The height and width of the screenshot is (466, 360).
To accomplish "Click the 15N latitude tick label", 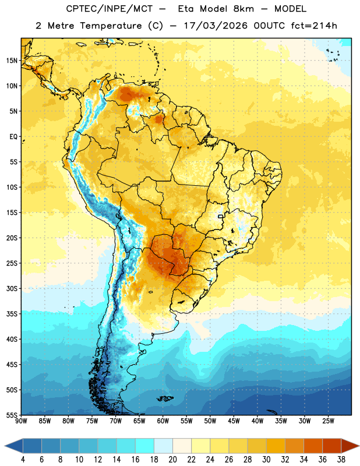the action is pyautogui.click(x=12, y=61).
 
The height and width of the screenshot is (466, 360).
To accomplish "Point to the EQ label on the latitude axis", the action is pyautogui.click(x=13, y=137).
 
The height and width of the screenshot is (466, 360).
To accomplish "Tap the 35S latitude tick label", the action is pyautogui.click(x=12, y=314).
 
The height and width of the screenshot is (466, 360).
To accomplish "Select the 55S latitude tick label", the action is pyautogui.click(x=12, y=415).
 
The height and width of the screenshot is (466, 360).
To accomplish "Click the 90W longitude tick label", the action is pyautogui.click(x=21, y=421).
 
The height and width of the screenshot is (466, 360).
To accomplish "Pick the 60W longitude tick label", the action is pyautogui.click(x=163, y=421).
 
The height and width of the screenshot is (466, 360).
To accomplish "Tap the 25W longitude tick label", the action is pyautogui.click(x=328, y=421).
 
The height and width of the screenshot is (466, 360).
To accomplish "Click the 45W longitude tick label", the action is pyautogui.click(x=234, y=421).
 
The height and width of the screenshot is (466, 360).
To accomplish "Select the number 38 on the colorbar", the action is pyautogui.click(x=341, y=460).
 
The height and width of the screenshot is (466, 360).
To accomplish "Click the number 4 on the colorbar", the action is pyautogui.click(x=23, y=460).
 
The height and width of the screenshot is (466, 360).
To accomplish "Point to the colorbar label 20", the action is pyautogui.click(x=172, y=460).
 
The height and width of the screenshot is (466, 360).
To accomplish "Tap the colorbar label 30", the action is pyautogui.click(x=266, y=460).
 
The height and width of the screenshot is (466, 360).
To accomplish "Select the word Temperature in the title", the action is pyautogui.click(x=111, y=26).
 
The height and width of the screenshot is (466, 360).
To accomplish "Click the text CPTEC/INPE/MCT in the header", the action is pyautogui.click(x=110, y=9).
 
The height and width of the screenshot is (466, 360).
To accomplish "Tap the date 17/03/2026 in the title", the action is pyautogui.click(x=216, y=26).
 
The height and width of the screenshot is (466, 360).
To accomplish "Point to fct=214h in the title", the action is pyautogui.click(x=314, y=26).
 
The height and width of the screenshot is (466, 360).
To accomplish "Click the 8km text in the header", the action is pyautogui.click(x=243, y=9).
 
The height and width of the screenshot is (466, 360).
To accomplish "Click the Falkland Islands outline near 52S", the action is pyautogui.click(x=165, y=398).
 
